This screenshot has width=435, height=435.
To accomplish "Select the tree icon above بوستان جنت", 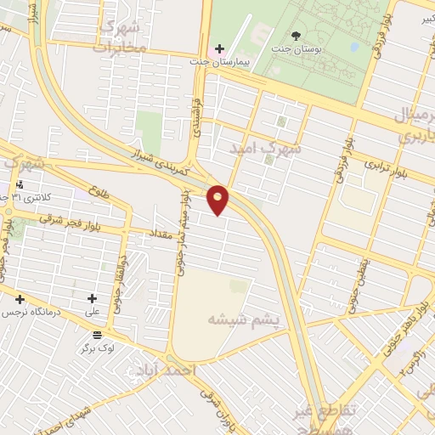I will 296,36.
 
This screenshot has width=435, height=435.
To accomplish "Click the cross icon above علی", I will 93,298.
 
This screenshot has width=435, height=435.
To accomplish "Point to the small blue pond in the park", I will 352,48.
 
